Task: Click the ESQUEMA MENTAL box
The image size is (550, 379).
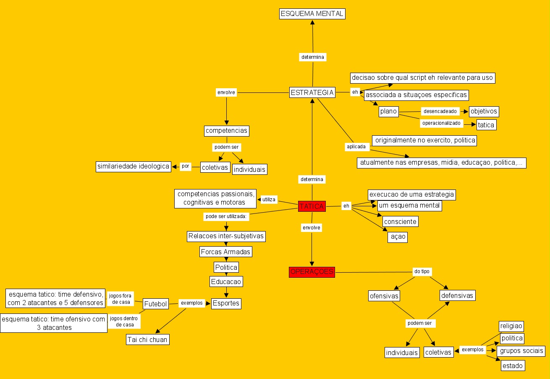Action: (x=312, y=13)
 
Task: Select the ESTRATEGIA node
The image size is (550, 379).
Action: (x=312, y=92)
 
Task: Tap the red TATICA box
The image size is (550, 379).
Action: (x=312, y=206)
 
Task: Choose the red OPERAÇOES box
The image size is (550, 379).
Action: (x=312, y=272)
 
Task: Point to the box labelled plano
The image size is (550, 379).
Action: (x=388, y=111)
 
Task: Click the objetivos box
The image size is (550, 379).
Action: (x=484, y=111)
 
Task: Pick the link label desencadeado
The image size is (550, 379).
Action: (x=440, y=111)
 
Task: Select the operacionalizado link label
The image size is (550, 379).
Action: (x=442, y=124)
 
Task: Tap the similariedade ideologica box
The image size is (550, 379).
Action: (x=133, y=166)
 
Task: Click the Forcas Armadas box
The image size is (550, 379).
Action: (x=225, y=252)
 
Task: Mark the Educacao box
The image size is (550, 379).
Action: (x=226, y=282)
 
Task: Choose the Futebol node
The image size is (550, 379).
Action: (x=156, y=303)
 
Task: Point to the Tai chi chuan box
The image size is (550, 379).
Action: (x=148, y=340)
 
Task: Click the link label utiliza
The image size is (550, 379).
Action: (x=269, y=200)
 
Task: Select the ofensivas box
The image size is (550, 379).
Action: (x=384, y=296)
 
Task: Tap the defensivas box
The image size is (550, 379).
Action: (x=457, y=295)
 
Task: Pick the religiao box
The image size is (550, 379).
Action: (x=511, y=326)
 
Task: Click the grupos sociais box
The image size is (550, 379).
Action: (x=521, y=350)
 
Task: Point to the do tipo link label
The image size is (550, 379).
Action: (x=422, y=272)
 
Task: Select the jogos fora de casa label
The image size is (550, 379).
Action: (x=120, y=299)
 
